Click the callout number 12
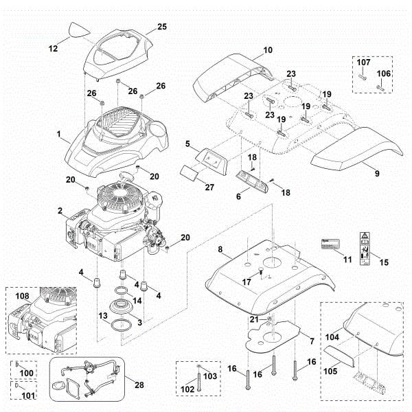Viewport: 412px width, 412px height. point(53,48)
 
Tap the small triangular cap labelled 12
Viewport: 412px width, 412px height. point(80,30)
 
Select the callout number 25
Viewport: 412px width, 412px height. point(162,26)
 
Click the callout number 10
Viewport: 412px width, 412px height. point(268,49)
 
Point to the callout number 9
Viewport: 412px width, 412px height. point(376,165)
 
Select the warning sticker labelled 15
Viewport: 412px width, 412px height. point(363,250)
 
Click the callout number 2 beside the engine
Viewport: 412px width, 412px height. point(60,209)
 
